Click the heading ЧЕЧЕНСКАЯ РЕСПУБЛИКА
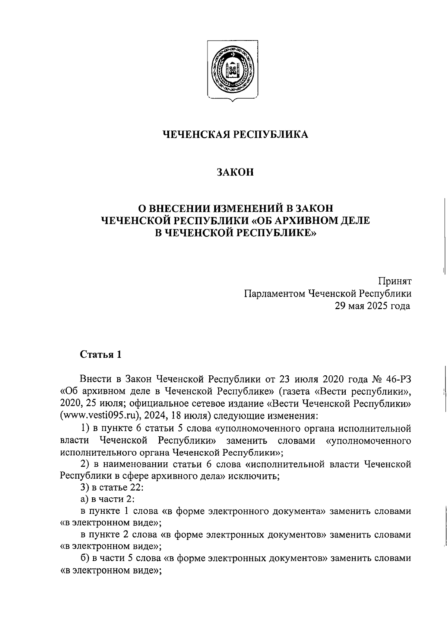(237, 135)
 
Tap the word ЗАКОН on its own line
(235, 172)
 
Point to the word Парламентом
(274, 294)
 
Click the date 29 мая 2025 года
(373, 306)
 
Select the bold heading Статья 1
(101, 354)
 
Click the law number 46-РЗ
(399, 379)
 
